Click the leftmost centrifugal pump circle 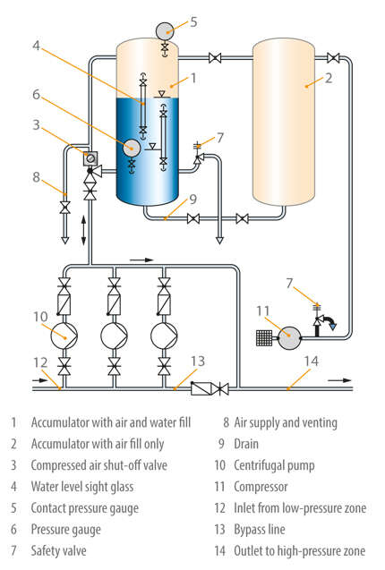pos(64,336)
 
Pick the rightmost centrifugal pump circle pos(164,336)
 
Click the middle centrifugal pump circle pos(114,336)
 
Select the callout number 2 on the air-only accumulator pos(328,80)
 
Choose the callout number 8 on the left pos(35,177)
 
